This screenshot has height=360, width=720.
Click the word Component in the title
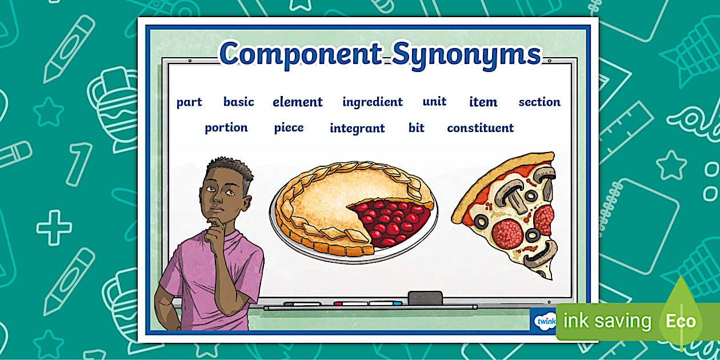point(301,55)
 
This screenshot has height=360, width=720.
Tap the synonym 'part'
point(189,102)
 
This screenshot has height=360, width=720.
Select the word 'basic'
point(239,102)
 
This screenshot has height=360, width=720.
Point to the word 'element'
point(298,102)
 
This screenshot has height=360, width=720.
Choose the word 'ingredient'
point(373,102)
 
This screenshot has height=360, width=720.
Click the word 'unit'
point(434,102)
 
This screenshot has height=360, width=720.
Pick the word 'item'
point(483,102)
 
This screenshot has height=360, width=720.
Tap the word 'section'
point(539,102)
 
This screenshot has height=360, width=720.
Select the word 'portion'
point(226,127)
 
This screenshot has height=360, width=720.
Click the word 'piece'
point(289,127)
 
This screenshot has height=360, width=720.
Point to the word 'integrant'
point(357,129)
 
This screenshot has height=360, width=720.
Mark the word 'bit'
point(417,128)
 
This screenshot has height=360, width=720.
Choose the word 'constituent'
point(481,128)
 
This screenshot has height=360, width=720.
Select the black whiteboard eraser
point(425,298)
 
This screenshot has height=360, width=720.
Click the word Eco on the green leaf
point(681,321)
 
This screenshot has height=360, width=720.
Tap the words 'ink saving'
point(607,321)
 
